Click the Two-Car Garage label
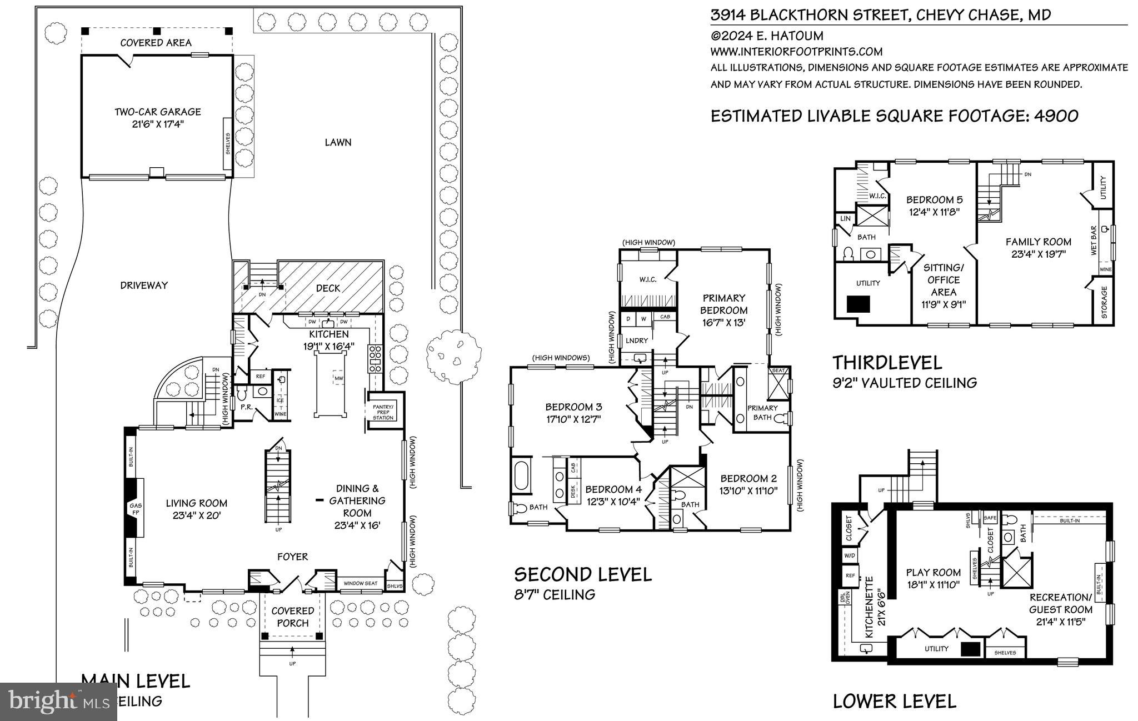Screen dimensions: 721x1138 click(157, 112)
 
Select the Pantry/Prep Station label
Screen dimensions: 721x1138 click(383, 412)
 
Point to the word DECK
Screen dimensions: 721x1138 click(328, 288)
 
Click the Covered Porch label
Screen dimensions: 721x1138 click(292, 617)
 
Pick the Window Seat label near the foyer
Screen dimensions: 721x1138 click(360, 583)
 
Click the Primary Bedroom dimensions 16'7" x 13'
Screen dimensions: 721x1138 click(723, 322)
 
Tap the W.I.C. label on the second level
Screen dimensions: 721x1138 click(648, 279)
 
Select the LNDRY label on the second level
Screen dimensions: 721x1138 click(637, 341)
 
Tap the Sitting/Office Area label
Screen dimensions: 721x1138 click(944, 279)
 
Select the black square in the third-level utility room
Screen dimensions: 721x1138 click(858, 304)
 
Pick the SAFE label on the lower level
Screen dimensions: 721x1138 click(990, 518)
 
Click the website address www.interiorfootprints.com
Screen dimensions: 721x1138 click(796, 52)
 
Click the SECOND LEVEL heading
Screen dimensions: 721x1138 click(583, 574)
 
